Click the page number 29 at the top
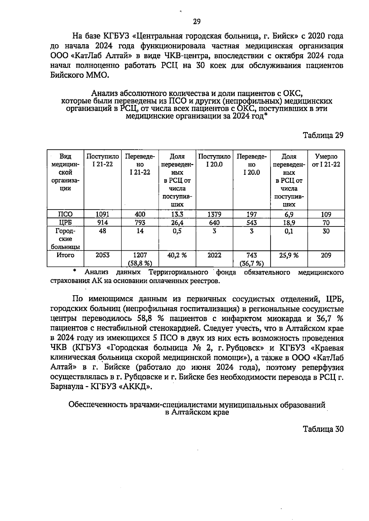197,22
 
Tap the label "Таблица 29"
323,135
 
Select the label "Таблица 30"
323,429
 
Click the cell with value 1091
102,214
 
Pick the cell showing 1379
214,214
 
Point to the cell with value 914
102,222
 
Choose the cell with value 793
140,222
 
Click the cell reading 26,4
177,222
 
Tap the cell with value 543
252,222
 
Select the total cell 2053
102,255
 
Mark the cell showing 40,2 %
177,255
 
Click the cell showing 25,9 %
289,255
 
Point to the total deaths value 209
326,255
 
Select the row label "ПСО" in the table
65,214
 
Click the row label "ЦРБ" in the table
65,222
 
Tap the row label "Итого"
65,255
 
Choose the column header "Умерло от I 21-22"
326,160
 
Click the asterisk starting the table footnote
74,271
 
